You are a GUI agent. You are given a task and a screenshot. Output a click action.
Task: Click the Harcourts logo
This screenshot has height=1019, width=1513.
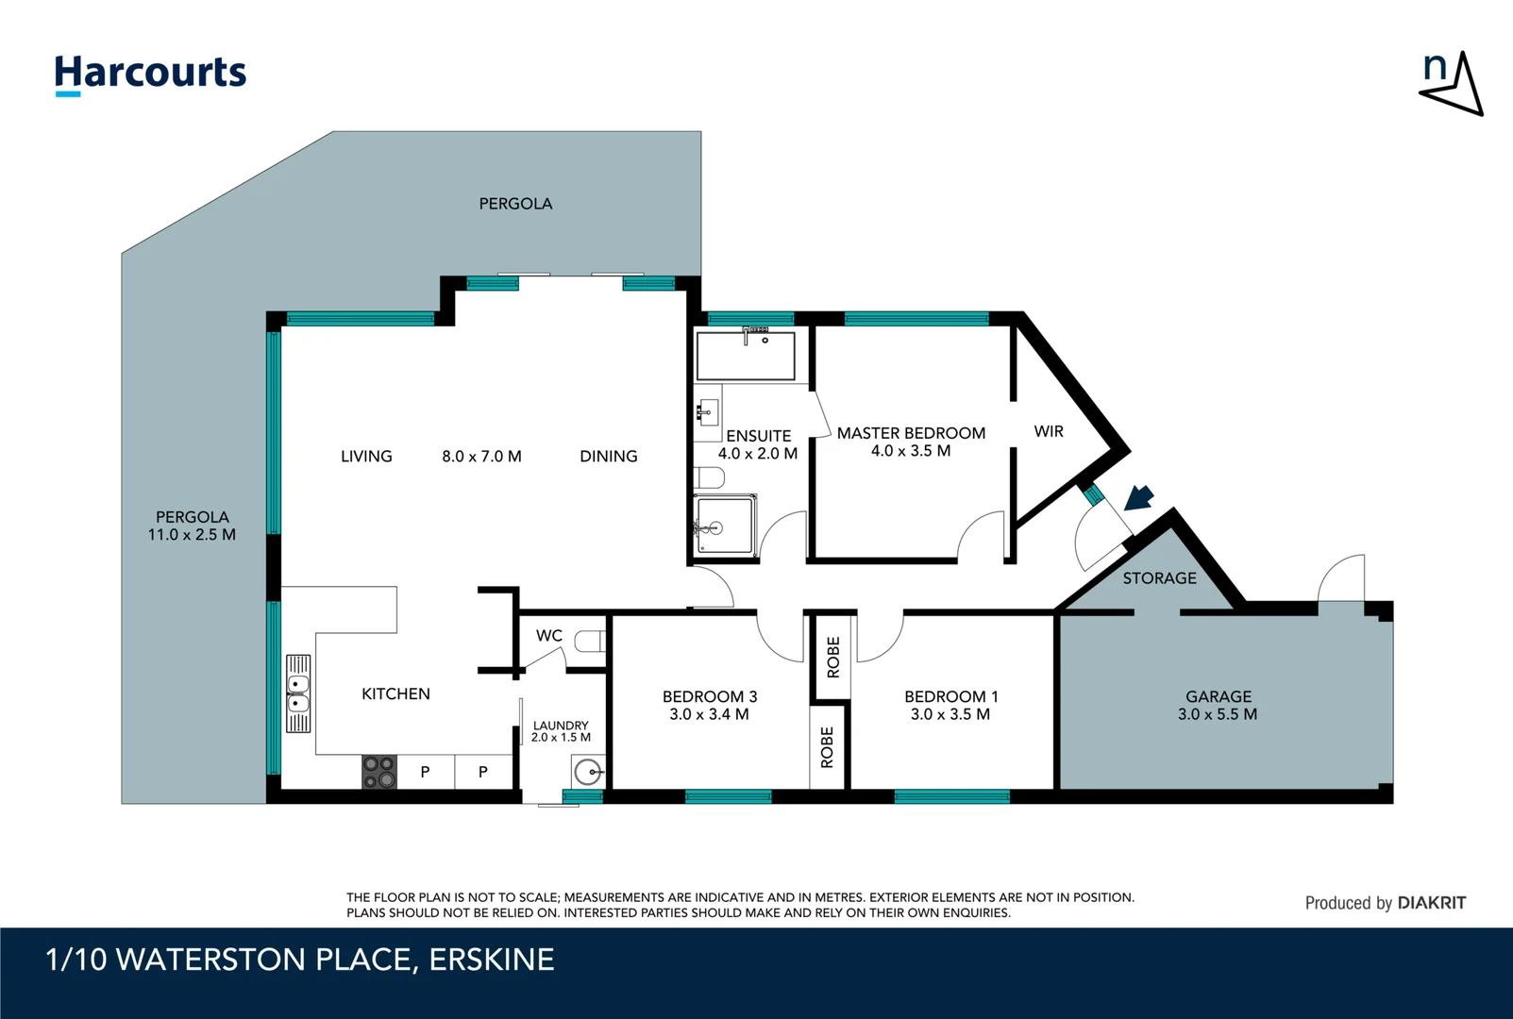click(150, 74)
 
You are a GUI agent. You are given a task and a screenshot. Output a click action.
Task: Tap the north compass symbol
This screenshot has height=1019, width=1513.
click(1452, 84)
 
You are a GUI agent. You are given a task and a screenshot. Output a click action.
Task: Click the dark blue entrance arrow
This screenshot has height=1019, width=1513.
click(1139, 497)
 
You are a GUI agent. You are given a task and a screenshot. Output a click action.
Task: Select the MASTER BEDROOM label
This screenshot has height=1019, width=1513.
click(911, 442)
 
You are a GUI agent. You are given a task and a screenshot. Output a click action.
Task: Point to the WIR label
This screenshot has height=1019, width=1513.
click(1049, 431)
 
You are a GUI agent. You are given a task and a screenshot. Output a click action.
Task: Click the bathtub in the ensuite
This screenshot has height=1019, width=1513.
click(745, 356)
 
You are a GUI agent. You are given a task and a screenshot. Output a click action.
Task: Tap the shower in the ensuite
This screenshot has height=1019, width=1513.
click(725, 526)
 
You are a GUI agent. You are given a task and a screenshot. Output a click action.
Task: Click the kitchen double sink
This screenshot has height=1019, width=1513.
click(298, 693)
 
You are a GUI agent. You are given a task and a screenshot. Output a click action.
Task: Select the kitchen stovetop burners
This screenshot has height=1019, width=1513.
click(379, 772)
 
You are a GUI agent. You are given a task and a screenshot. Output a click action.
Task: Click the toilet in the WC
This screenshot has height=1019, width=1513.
click(590, 642)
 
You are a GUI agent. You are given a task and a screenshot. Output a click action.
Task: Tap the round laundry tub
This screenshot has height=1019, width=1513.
click(588, 773)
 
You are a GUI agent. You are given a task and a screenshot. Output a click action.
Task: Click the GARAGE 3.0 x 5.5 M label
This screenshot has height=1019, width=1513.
click(1218, 706)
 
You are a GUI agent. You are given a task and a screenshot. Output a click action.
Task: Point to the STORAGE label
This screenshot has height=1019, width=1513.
click(1159, 578)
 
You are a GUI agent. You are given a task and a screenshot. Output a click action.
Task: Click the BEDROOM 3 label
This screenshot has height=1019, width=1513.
click(710, 706)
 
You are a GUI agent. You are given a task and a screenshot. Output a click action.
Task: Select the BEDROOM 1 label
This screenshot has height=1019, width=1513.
click(950, 706)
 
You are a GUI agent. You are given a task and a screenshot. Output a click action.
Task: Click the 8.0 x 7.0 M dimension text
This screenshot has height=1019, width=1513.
click(481, 457)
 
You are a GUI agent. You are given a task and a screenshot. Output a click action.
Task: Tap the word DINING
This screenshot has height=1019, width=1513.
click(609, 457)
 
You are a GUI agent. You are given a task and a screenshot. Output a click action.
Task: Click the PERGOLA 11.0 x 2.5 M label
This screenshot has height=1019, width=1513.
click(192, 526)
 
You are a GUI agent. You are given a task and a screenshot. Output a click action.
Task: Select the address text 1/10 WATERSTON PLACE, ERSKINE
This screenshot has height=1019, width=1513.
click(300, 960)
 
